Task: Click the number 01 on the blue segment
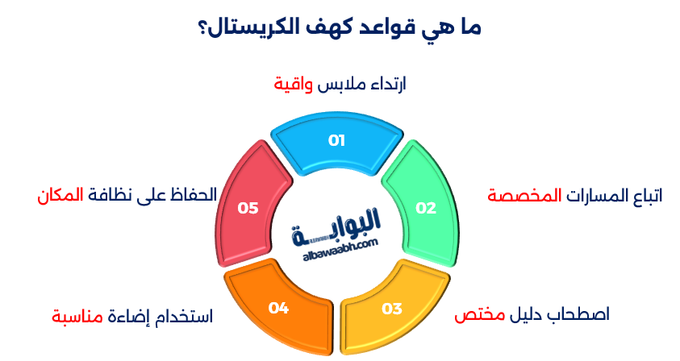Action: point(336,140)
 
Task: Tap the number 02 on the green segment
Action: point(426,208)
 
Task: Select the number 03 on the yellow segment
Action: point(392,309)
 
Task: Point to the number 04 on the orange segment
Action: point(278,308)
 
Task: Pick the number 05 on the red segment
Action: point(248,208)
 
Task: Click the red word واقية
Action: point(293,84)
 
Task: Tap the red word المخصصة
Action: point(525,196)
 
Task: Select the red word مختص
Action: point(480,314)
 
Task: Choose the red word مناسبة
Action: point(77,317)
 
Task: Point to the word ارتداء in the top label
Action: point(388,84)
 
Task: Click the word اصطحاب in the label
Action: point(582,313)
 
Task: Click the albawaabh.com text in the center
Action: point(340,250)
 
